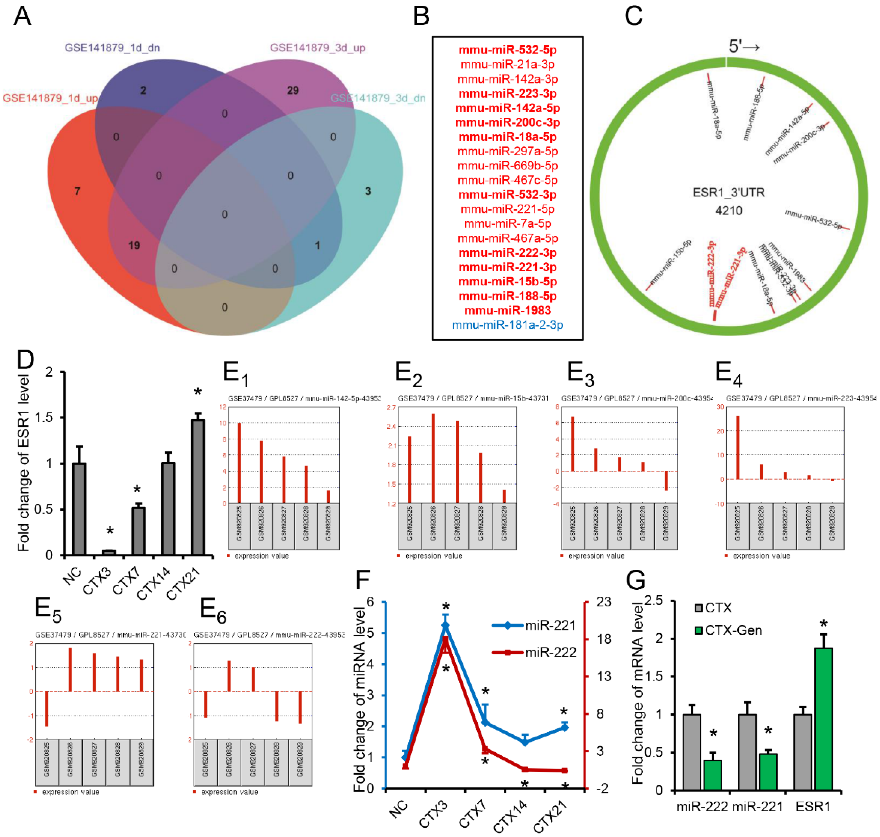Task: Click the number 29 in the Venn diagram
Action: click(x=292, y=91)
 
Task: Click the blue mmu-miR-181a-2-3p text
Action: click(x=507, y=325)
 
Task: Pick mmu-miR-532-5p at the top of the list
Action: click(x=507, y=50)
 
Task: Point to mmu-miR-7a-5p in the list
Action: click(x=507, y=223)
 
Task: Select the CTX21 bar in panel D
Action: click(x=198, y=487)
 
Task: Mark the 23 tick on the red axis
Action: click(x=603, y=602)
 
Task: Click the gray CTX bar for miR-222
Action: click(x=691, y=752)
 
